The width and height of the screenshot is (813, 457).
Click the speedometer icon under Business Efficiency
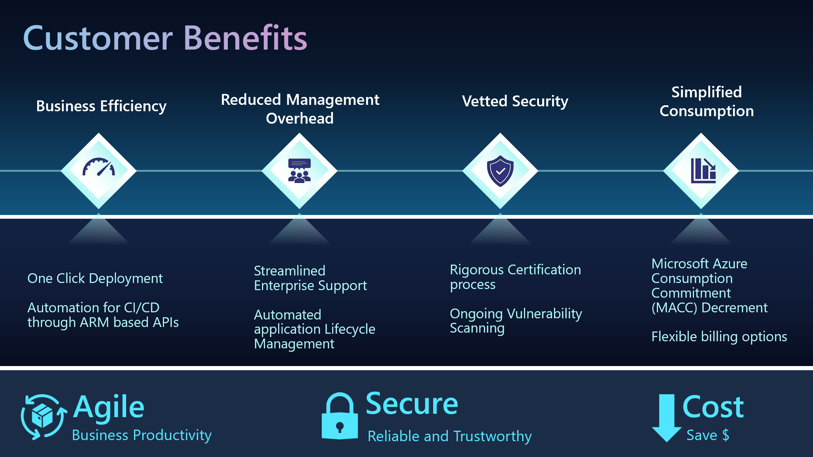click(99, 167)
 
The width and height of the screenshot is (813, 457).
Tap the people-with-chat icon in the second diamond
click(299, 171)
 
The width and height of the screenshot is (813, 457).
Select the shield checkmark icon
click(500, 171)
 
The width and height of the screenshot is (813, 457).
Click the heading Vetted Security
click(515, 101)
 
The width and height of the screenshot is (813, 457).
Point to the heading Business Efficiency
click(101, 106)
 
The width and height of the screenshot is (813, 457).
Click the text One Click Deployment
click(95, 278)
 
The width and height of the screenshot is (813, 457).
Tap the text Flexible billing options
click(719, 337)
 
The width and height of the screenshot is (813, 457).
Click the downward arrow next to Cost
click(667, 417)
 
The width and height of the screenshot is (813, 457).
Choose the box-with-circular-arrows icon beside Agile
click(43, 416)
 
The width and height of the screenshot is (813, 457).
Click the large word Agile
click(109, 407)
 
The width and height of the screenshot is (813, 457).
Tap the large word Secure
click(412, 404)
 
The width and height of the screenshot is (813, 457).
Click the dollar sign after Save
click(726, 435)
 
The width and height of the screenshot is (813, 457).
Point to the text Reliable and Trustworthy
click(450, 436)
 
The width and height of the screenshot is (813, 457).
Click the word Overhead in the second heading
click(300, 118)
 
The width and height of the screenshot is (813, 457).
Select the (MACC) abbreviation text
click(674, 308)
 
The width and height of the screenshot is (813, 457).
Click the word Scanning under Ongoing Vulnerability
click(477, 328)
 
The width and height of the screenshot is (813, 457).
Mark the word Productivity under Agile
click(172, 435)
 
